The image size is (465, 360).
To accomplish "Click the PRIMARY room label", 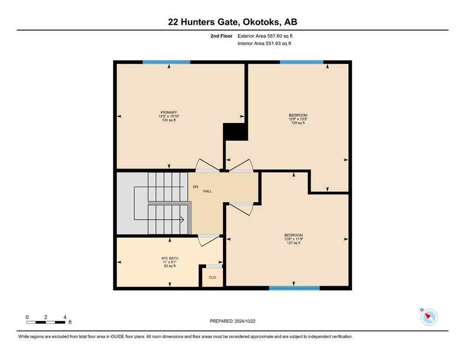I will click(169, 112).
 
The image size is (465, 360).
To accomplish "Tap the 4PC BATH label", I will click(169, 258).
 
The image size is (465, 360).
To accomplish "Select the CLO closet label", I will click(213, 277).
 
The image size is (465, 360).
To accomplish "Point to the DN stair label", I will click(195, 187).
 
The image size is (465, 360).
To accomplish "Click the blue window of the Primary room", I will click(166, 62).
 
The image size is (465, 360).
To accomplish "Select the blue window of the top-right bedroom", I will click(301, 62).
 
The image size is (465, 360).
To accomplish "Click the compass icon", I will click(428, 317).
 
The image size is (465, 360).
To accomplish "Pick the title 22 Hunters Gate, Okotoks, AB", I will click(232, 22).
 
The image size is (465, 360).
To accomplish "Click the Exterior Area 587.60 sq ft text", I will click(265, 36).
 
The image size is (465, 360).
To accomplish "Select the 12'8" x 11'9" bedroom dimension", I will click(294, 239).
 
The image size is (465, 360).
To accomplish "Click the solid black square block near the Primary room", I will click(235, 132).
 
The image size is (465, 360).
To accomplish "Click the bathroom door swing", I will click(208, 240).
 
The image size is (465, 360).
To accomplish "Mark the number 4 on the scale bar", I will click(65, 317).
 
